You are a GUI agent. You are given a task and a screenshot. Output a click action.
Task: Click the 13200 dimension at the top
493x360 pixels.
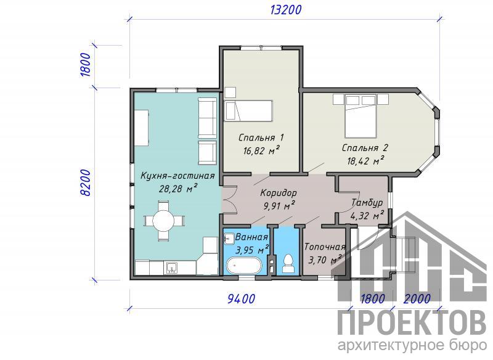285,10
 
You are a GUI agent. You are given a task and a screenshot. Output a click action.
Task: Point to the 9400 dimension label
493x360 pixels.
241,299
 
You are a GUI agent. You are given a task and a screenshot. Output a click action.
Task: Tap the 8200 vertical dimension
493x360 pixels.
86,182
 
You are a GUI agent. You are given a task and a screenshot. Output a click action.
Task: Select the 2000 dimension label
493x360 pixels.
417,298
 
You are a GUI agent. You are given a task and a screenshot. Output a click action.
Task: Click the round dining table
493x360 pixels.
163,221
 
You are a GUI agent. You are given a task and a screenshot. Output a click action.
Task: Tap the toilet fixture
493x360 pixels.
287,263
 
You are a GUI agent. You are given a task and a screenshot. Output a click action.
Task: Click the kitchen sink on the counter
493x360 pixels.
171,268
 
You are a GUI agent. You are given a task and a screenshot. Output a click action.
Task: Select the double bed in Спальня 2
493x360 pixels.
361,117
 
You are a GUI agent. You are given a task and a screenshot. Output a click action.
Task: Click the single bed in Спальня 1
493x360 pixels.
248,111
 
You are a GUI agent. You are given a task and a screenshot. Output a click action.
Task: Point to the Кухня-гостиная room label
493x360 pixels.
177,176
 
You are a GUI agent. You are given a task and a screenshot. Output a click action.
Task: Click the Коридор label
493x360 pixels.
279,192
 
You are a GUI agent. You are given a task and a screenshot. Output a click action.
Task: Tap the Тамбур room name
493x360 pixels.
367,202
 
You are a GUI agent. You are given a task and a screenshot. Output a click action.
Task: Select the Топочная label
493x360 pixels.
325,247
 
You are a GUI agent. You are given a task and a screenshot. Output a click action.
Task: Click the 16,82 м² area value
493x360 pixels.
261,150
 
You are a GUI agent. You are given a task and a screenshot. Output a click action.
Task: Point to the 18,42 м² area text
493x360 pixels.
365,161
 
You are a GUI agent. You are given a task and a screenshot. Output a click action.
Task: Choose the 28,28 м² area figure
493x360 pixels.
178,189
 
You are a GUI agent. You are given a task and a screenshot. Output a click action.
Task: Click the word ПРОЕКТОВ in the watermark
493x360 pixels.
412,324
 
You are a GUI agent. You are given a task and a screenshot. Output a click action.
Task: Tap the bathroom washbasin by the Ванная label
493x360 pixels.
229,239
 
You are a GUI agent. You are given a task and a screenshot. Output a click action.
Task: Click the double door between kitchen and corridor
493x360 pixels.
229,200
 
